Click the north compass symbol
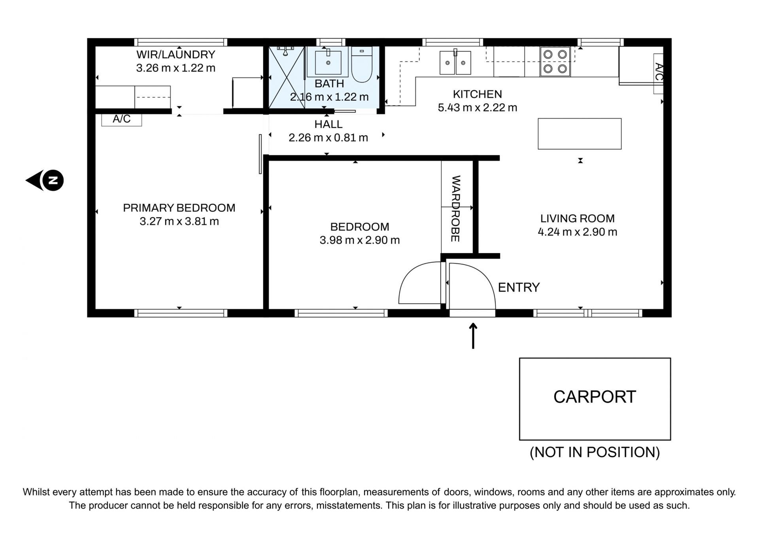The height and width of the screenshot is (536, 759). (x=45, y=181)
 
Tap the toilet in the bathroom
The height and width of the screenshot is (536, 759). (x=362, y=64)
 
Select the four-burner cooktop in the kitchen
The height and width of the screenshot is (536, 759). (x=555, y=62)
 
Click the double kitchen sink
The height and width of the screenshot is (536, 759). (x=455, y=62)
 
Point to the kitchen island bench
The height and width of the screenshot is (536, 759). (x=580, y=134)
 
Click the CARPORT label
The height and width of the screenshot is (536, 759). (x=595, y=397)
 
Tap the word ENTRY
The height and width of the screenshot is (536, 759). (x=519, y=288)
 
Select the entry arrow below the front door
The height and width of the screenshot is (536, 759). (x=473, y=336)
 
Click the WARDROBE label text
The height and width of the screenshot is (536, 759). (x=456, y=209)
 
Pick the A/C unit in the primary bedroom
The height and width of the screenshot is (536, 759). (x=121, y=120)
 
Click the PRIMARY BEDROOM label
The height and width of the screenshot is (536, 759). (x=179, y=208)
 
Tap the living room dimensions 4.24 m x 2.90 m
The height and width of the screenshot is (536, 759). (x=577, y=232)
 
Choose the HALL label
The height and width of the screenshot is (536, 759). (x=328, y=124)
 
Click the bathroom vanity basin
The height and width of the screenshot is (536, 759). (x=328, y=62)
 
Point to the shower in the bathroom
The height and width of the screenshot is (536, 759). (x=287, y=77)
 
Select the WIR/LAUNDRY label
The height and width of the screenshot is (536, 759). (x=176, y=55)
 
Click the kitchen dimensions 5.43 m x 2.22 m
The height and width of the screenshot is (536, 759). (x=478, y=107)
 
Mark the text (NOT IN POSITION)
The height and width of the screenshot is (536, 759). (x=595, y=452)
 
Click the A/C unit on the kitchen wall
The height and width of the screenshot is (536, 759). (x=658, y=73)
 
